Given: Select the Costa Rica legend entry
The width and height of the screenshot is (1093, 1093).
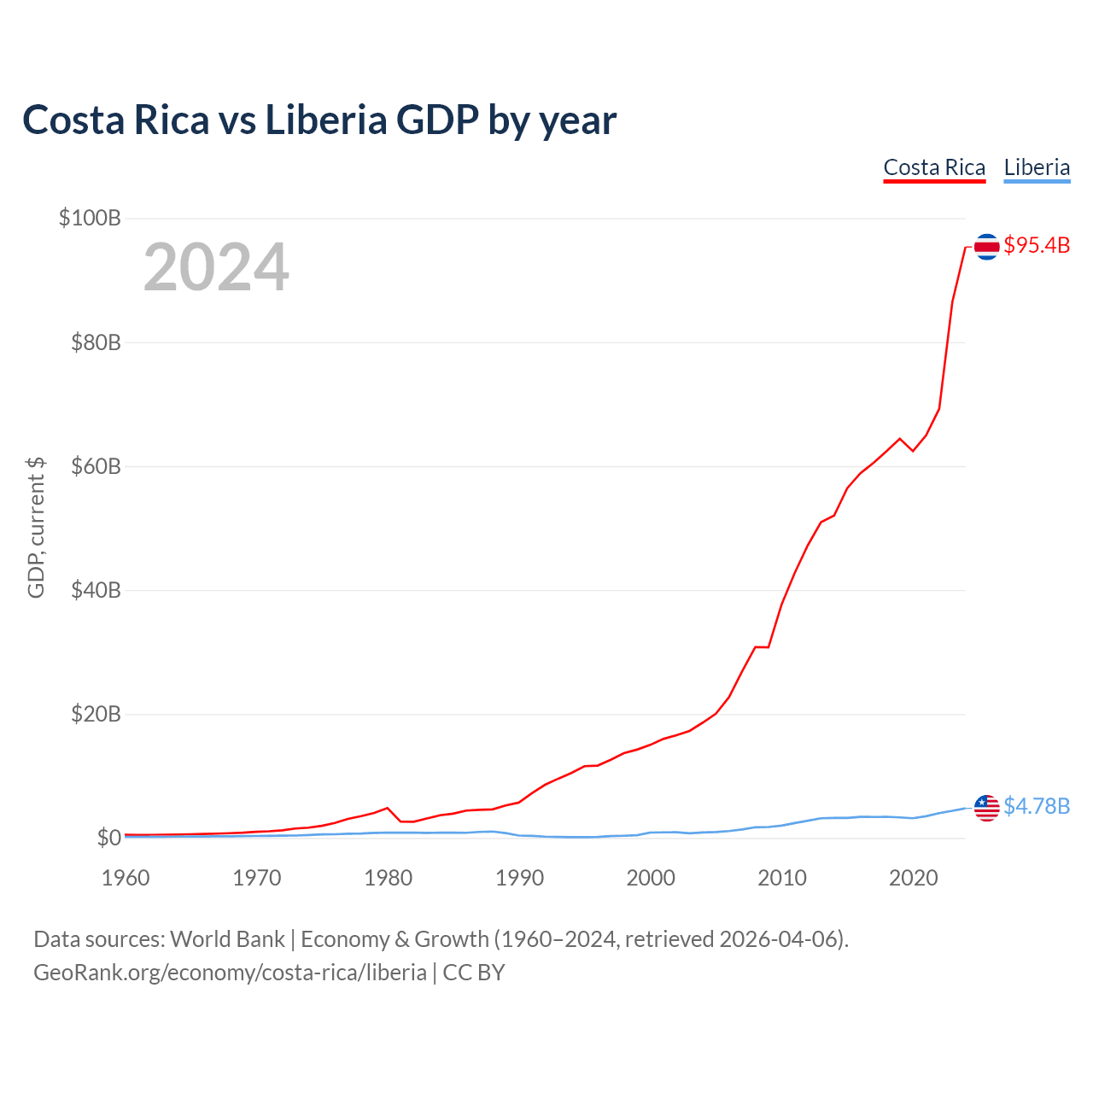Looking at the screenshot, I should tap(934, 167).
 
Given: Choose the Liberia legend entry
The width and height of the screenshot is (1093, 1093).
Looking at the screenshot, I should tap(1037, 167).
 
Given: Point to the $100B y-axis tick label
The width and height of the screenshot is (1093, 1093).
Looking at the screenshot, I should tap(90, 218).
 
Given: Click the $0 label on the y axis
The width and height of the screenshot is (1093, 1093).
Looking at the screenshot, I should tap(108, 838).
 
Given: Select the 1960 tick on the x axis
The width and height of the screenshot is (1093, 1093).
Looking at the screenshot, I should tap(126, 878).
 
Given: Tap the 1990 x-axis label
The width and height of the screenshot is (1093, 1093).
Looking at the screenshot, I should tap(519, 878).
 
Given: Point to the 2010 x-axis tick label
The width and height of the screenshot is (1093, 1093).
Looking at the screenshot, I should tap(782, 878).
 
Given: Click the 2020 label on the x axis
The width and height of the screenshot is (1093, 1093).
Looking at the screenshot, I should tap(914, 878).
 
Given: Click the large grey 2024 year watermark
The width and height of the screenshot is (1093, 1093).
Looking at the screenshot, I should tap(216, 268).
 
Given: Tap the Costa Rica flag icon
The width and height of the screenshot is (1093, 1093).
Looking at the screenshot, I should tap(986, 247).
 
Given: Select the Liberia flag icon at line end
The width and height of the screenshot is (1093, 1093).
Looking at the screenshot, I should tap(986, 807).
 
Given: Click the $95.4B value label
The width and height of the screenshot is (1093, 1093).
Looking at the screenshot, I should tap(1037, 246).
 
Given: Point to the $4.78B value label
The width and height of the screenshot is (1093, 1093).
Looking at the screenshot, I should tap(1037, 806).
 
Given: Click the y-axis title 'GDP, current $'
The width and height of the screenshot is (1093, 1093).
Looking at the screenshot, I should tap(36, 528).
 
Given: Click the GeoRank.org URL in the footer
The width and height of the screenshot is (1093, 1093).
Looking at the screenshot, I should tap(230, 973).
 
